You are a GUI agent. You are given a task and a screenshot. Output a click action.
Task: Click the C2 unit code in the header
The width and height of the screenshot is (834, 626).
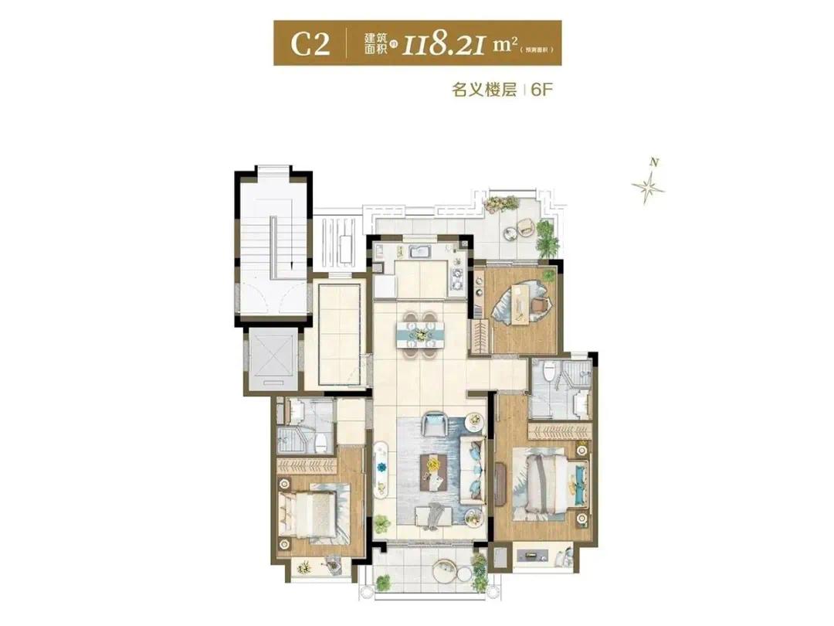tap(310, 43)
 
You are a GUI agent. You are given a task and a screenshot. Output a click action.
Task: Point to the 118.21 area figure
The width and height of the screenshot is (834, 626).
tap(443, 44)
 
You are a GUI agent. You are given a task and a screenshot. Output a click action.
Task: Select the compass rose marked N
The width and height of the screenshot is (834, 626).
tap(649, 185)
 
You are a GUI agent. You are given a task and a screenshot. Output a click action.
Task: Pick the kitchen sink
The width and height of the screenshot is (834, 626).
tap(422, 251)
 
